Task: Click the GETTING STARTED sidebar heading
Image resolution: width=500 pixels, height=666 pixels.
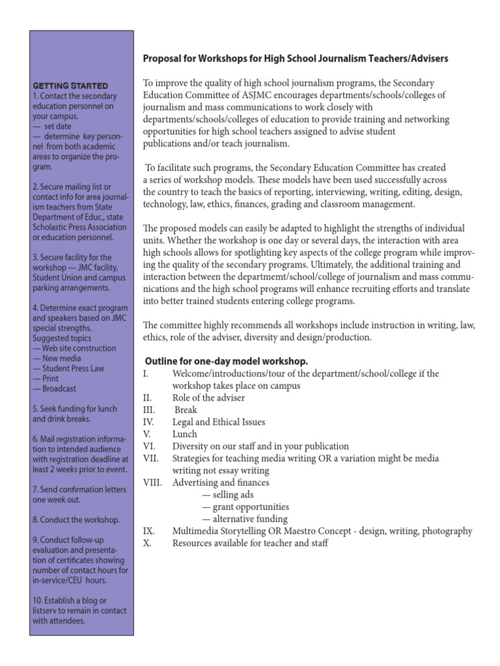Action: pos(70,86)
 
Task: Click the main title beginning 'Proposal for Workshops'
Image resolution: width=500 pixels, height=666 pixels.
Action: pos(295,59)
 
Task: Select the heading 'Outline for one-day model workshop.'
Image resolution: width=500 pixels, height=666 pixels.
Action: pos(225,361)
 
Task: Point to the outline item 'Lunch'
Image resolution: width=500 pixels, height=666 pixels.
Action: pos(184,434)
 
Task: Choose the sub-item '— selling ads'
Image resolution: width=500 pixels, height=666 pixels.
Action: pos(227,495)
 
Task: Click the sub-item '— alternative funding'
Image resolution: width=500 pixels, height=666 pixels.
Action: pos(244,519)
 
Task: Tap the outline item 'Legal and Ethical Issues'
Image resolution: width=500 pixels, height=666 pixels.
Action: pos(219,422)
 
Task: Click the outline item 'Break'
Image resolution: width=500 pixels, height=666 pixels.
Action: pos(186,410)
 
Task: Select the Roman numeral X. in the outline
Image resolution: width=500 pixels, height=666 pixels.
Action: pos(146,543)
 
